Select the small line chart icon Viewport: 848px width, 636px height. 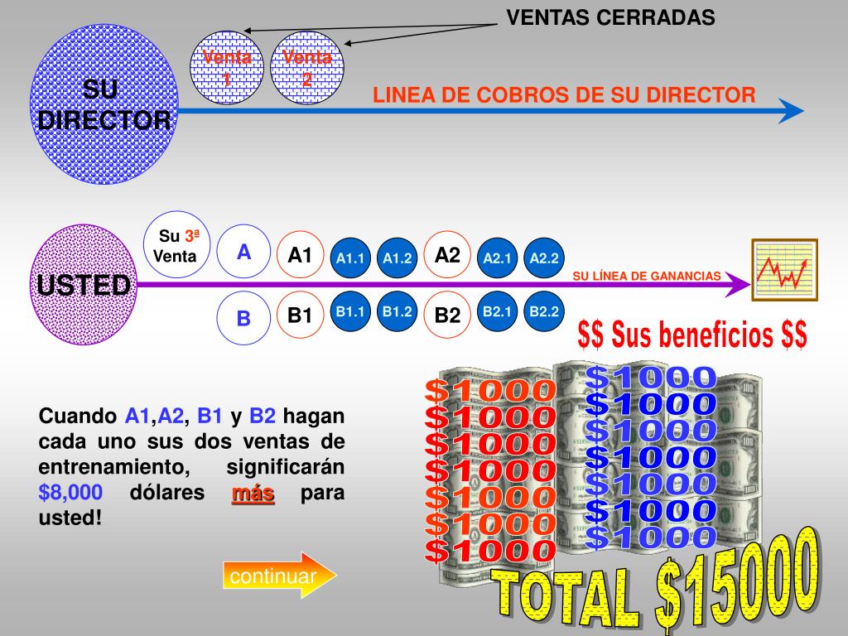click(784, 270)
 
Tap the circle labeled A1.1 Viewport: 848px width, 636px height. click(351, 258)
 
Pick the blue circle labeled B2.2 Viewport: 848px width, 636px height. click(545, 312)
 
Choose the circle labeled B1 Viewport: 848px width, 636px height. click(300, 315)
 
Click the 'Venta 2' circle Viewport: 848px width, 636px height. click(307, 70)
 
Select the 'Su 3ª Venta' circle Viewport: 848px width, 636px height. click(176, 246)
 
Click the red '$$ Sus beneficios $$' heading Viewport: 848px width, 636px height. click(692, 335)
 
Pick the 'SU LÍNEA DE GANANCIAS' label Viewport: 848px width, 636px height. click(647, 276)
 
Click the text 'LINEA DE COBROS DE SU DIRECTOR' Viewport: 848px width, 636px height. click(564, 95)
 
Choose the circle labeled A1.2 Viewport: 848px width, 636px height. click(397, 258)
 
